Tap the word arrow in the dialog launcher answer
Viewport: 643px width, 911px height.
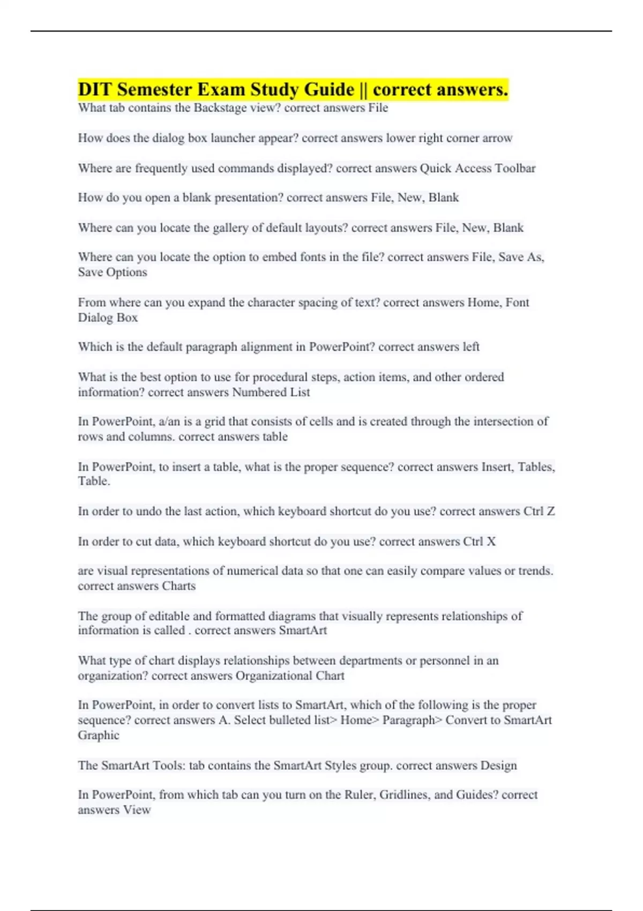[x=497, y=138]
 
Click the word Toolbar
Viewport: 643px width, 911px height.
[x=515, y=168]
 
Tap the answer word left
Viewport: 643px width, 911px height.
[x=471, y=347]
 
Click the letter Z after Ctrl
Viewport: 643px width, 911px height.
[x=550, y=511]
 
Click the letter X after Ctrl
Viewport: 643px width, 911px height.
[x=491, y=542]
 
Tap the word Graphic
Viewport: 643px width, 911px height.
[x=99, y=735]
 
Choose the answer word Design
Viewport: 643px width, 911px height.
[x=498, y=765]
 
